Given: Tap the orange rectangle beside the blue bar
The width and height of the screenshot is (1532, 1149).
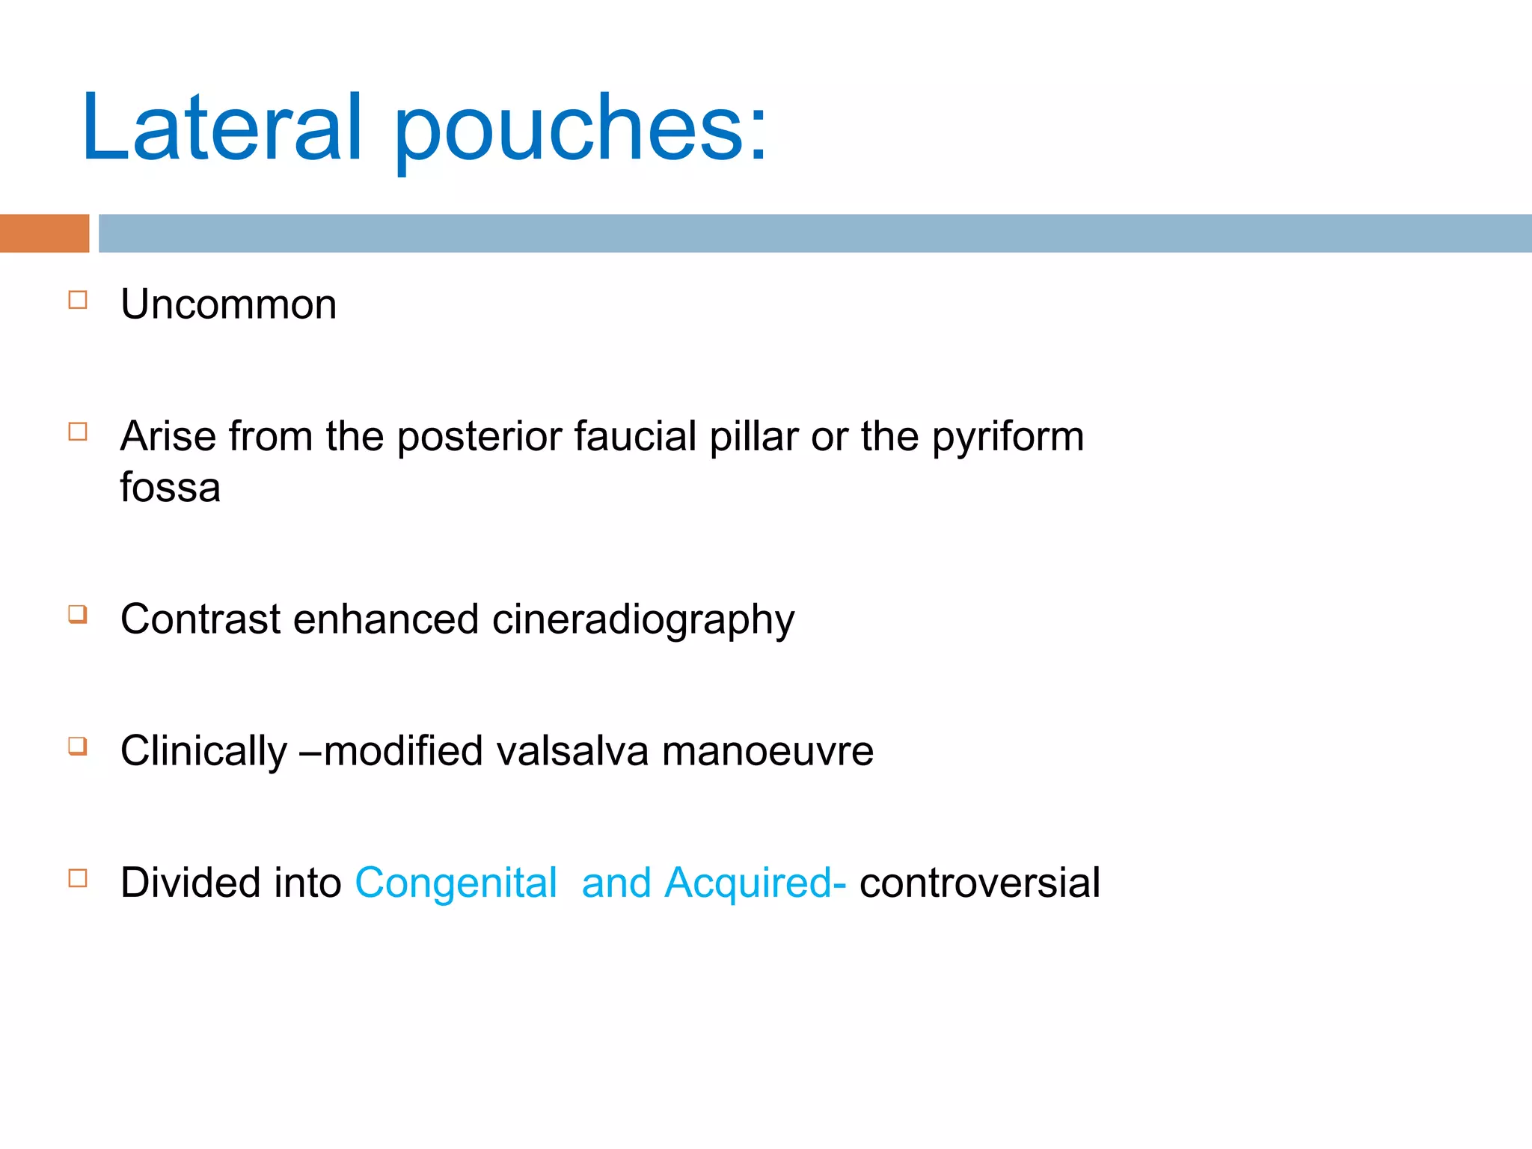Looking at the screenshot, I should point(44,233).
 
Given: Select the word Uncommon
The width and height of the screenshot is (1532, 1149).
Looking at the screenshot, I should point(228,304).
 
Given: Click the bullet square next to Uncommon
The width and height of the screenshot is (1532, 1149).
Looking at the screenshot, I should point(78,300).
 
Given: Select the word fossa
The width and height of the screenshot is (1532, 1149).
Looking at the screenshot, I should point(170,488).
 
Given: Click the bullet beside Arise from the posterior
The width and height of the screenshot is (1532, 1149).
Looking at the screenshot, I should point(78,432).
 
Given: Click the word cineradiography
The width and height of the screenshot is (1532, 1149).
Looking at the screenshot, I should point(643,620).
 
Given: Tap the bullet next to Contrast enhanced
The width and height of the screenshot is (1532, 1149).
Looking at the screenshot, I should point(78,614).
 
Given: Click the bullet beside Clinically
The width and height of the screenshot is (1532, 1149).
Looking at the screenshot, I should point(78,746).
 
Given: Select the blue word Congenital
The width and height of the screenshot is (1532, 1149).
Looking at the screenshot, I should point(456,883).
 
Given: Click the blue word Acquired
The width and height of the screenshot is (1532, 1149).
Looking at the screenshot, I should point(747,883).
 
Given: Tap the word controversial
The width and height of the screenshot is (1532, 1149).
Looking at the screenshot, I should point(979,883).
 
